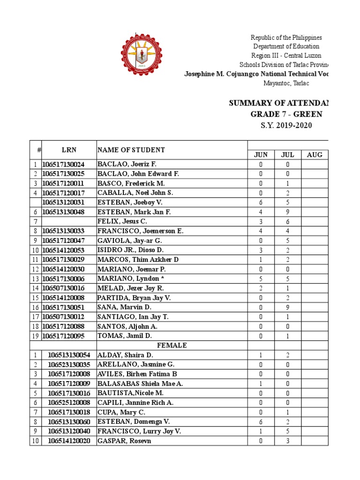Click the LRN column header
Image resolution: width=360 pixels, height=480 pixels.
coord(69,150)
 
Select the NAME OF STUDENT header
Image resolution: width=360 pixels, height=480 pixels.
coord(131,150)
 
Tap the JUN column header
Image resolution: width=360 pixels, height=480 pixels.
coord(261,155)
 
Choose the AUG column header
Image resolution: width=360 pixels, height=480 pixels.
coord(315,155)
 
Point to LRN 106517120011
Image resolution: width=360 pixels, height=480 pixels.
coord(63,184)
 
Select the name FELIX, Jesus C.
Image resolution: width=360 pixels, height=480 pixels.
coord(122,222)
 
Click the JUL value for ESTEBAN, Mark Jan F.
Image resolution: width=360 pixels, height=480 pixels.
coord(288,212)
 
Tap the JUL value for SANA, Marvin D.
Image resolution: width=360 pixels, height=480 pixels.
coord(288,307)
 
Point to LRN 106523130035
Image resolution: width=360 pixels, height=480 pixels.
coord(69,365)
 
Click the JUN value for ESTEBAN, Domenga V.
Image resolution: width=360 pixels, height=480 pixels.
coord(261,422)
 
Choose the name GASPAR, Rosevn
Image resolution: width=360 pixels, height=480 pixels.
coord(124,441)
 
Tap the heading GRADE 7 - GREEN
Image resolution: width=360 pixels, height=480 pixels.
coord(286,114)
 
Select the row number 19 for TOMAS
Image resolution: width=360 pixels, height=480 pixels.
coord(36,336)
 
